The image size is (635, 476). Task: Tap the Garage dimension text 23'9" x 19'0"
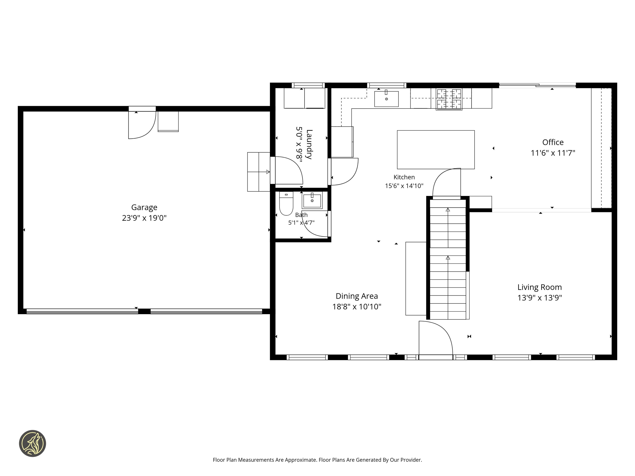pyautogui.click(x=144, y=218)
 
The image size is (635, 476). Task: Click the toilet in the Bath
pyautogui.click(x=286, y=204)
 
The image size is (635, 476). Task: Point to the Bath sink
pyautogui.click(x=312, y=200)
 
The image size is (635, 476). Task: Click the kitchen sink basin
pyautogui.click(x=386, y=99)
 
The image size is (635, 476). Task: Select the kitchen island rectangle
pyautogui.click(x=436, y=150)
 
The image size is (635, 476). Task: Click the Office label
pyautogui.click(x=553, y=142)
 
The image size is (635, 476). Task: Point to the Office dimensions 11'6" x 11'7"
pyautogui.click(x=553, y=153)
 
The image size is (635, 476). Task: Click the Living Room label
pyautogui.click(x=540, y=287)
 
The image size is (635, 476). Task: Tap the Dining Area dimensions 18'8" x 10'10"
pyautogui.click(x=357, y=307)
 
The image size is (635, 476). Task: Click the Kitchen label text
pyautogui.click(x=404, y=177)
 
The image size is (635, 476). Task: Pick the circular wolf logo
pyautogui.click(x=32, y=443)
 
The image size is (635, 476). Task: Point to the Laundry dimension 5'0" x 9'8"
pyautogui.click(x=299, y=144)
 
